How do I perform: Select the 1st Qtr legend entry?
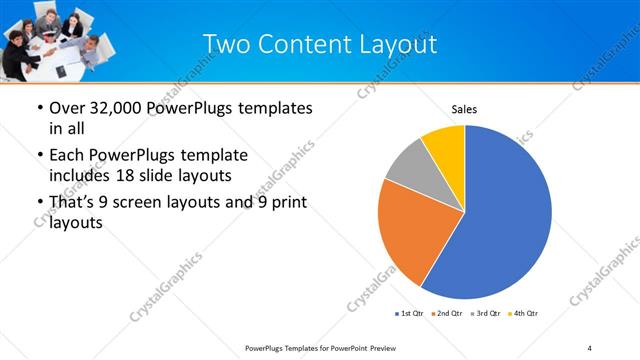tap(411, 314)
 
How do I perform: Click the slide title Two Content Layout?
tap(319, 44)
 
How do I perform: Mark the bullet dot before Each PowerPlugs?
tap(39, 156)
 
